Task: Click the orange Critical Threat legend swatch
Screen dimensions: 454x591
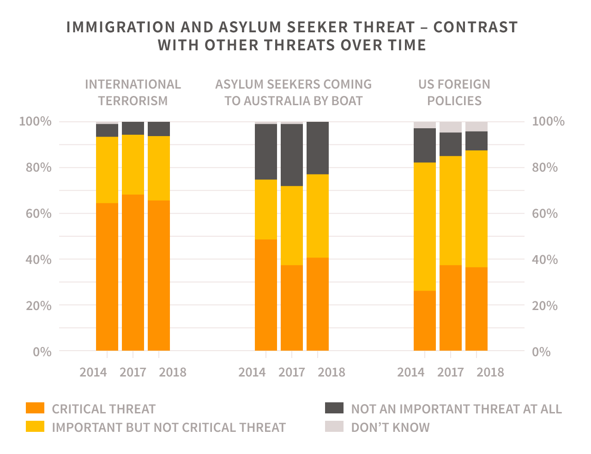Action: (x=35, y=408)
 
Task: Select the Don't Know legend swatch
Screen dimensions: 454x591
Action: (x=334, y=427)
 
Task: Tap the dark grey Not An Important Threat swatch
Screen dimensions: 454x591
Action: (x=334, y=408)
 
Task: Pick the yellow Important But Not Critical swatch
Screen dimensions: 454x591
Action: (x=35, y=427)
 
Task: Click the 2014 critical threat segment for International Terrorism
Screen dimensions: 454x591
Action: (x=107, y=277)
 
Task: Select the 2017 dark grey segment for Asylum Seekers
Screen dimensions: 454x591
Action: (x=292, y=155)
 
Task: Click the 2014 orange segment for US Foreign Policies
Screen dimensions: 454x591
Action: (x=425, y=321)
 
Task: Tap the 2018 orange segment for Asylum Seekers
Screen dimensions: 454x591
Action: (x=318, y=304)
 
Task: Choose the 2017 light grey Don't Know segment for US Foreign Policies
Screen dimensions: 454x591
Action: (x=451, y=127)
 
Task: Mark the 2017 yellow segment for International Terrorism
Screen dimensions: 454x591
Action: (x=133, y=164)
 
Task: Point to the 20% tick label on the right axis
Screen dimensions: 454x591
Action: (x=545, y=306)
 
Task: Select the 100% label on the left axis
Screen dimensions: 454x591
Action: (x=35, y=121)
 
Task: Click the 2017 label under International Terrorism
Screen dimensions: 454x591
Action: (x=133, y=372)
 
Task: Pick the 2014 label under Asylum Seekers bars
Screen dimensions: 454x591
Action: (x=252, y=372)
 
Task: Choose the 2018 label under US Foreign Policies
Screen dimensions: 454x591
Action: (x=490, y=372)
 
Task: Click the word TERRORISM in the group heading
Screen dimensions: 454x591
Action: (x=133, y=101)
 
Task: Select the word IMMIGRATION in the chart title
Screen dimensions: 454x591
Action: (x=121, y=27)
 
